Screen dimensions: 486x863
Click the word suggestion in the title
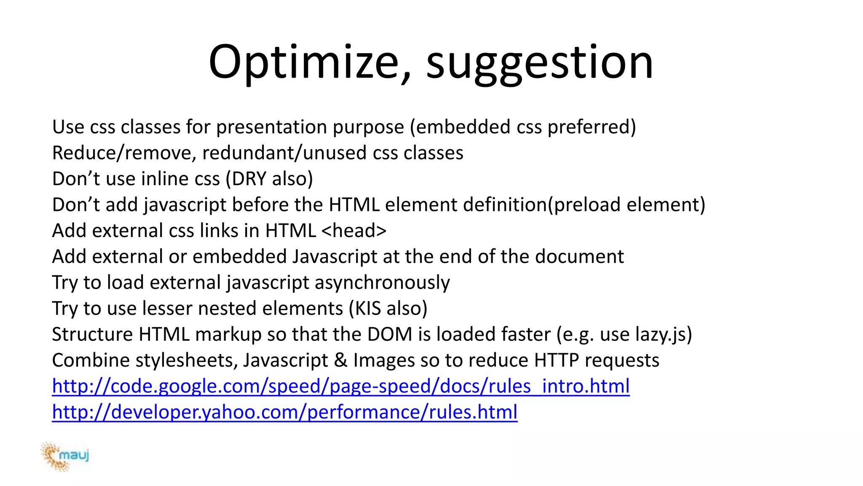click(x=539, y=63)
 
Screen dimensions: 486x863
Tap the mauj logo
click(x=65, y=456)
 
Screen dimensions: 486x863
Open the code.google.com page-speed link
click(x=340, y=386)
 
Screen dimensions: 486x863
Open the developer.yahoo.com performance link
click(x=284, y=412)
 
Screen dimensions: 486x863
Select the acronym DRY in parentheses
click(x=249, y=179)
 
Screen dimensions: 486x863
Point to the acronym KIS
click(x=368, y=308)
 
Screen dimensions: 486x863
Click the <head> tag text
click(x=354, y=231)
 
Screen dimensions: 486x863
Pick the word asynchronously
click(x=382, y=283)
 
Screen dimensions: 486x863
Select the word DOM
click(x=390, y=335)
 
